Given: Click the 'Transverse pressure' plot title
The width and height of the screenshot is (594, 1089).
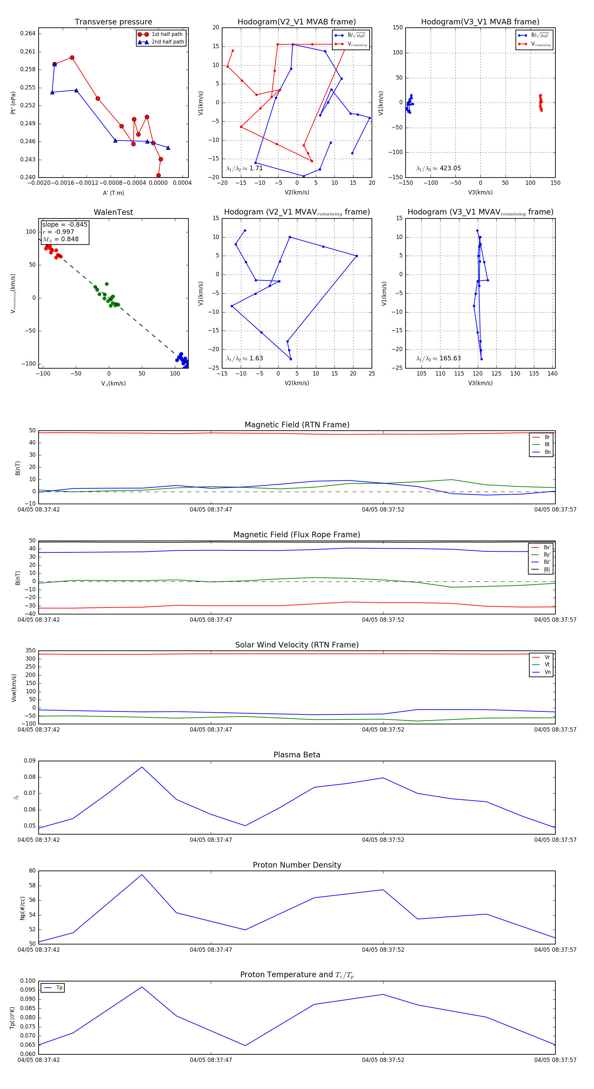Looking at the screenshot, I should [113, 22].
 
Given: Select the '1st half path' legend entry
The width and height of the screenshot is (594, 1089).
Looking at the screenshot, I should [167, 34].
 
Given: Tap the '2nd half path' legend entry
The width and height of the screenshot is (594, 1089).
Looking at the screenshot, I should [167, 42].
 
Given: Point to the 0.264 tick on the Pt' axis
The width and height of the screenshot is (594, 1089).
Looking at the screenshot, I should [28, 33].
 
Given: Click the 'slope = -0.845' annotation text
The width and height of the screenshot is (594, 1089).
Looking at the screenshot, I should [65, 224].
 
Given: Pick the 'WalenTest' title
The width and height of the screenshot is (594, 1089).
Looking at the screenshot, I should [113, 212].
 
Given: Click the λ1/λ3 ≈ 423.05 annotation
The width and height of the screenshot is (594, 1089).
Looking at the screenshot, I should [439, 168].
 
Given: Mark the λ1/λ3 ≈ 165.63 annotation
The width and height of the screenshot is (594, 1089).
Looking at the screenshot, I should [439, 358].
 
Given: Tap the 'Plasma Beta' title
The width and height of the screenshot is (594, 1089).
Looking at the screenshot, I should [297, 755].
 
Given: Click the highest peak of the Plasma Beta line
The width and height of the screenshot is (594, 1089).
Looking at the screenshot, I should [142, 767].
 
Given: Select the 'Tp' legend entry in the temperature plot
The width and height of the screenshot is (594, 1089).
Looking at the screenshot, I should [59, 988].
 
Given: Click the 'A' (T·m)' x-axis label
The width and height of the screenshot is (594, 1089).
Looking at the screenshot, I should [113, 193].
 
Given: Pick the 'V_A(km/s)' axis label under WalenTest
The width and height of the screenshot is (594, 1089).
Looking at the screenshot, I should [113, 383].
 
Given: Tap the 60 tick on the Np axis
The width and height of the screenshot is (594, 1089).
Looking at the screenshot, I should [32, 871].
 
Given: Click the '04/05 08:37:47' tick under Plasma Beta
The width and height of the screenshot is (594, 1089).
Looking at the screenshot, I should [211, 840].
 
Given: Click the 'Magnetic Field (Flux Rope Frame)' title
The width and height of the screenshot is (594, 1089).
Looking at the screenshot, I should [297, 535].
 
